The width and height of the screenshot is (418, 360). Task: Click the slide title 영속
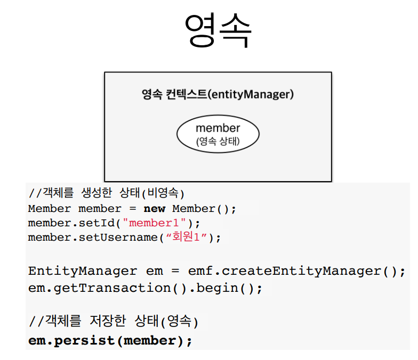click(x=218, y=30)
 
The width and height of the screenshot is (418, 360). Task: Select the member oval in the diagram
click(x=218, y=134)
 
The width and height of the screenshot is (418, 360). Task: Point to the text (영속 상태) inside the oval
click(x=218, y=142)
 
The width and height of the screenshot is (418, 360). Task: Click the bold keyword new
click(x=154, y=208)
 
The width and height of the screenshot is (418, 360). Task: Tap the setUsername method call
click(x=117, y=237)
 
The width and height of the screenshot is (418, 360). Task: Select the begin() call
click(x=229, y=288)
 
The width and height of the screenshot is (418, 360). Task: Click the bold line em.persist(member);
click(x=110, y=341)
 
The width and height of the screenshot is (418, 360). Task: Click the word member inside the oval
click(x=218, y=128)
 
